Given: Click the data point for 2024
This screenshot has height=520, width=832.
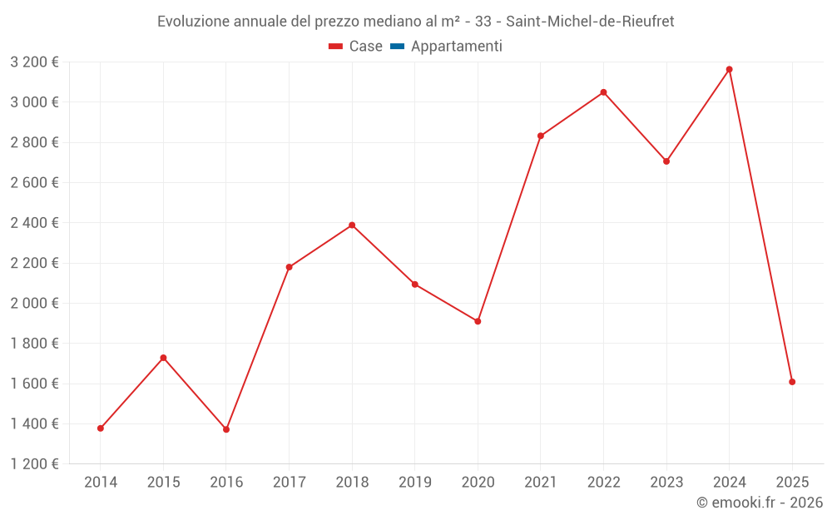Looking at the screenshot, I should (x=730, y=69).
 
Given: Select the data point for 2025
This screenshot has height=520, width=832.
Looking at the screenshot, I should (x=792, y=382).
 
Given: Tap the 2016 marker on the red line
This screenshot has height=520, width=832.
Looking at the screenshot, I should (x=226, y=429).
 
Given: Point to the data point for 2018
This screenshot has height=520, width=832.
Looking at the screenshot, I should (x=352, y=225).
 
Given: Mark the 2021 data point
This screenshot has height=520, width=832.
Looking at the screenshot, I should (x=541, y=136).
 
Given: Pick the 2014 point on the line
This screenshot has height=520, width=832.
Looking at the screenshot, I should (x=101, y=428).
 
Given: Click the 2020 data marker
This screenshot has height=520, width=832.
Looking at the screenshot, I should (x=478, y=321).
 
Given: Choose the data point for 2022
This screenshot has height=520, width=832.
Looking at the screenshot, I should (x=603, y=92).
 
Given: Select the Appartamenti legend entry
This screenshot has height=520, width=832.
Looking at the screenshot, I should (x=456, y=47).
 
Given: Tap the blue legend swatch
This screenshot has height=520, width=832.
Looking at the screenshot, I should (x=397, y=47).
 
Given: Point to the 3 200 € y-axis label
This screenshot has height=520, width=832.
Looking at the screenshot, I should (x=35, y=62).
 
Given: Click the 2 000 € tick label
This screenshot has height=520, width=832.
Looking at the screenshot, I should (x=35, y=303).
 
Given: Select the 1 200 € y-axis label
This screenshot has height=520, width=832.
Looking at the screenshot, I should (x=35, y=463).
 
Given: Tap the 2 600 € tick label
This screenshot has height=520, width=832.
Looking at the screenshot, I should (x=35, y=182).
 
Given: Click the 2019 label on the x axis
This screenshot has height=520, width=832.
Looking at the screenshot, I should (x=415, y=482).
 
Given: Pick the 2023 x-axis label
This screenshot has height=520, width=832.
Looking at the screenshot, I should (x=666, y=482).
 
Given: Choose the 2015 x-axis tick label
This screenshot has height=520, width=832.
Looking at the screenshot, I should (x=163, y=482).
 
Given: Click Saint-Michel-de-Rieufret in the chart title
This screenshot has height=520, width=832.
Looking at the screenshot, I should (x=590, y=21).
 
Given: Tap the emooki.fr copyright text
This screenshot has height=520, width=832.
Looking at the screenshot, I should (x=760, y=503).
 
